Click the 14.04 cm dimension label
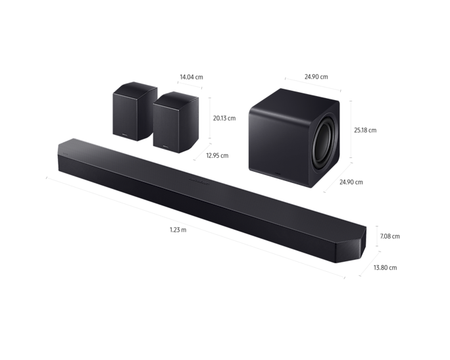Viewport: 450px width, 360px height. pyautogui.click(x=191, y=77)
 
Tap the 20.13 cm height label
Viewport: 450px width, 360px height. pyautogui.click(x=224, y=118)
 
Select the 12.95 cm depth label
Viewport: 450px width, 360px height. pyautogui.click(x=217, y=155)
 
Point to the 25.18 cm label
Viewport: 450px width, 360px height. pyautogui.click(x=365, y=130)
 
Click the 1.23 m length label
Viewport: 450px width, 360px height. pyautogui.click(x=178, y=230)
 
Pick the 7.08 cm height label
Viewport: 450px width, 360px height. pyautogui.click(x=389, y=236)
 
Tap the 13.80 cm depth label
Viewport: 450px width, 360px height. pyautogui.click(x=385, y=268)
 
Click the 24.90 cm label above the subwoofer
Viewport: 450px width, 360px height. pyautogui.click(x=316, y=76)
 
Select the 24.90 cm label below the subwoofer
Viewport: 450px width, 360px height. pyautogui.click(x=351, y=182)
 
